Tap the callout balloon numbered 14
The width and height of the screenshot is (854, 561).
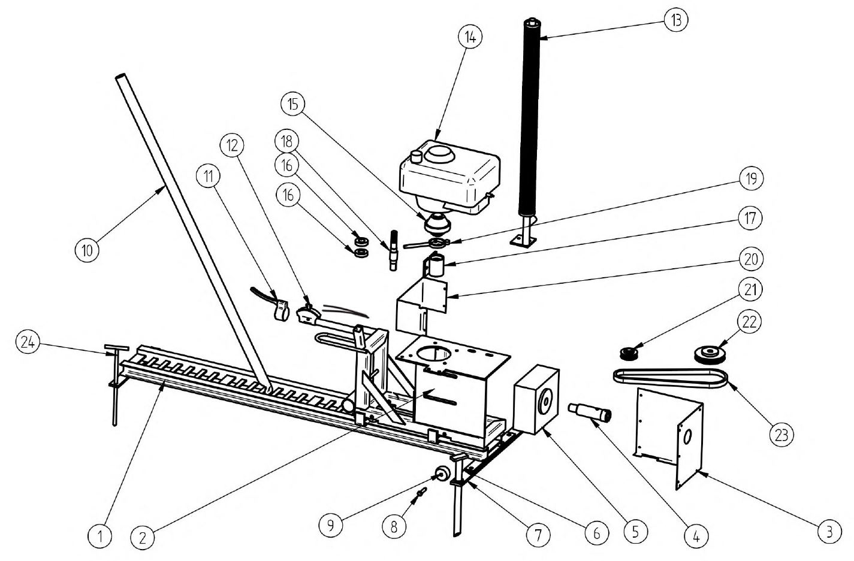tap(469, 37)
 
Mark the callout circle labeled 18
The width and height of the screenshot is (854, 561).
tap(286, 141)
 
